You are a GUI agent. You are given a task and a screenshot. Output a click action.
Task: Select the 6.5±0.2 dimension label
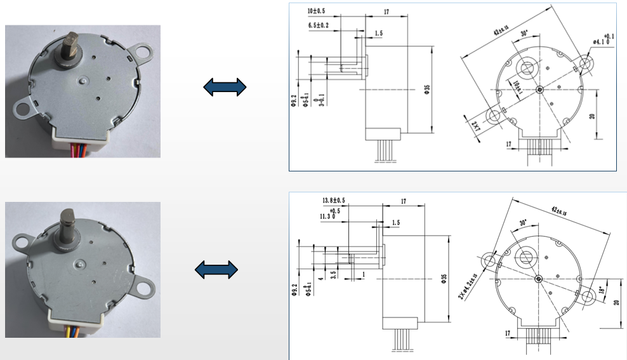(x=322, y=24)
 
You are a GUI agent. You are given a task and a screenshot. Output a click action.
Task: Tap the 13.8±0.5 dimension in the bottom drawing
(x=336, y=201)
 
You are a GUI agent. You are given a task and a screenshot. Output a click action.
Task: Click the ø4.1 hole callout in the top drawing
(x=601, y=41)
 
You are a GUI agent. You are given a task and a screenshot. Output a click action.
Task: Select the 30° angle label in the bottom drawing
(x=523, y=223)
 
